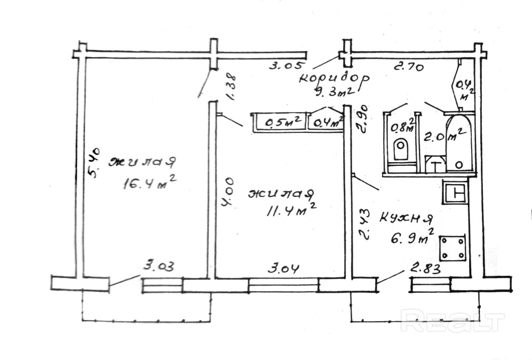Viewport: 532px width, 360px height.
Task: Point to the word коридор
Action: point(334,77)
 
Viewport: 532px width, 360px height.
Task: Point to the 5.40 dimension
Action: point(94,163)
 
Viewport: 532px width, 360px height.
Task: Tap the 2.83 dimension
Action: point(426,269)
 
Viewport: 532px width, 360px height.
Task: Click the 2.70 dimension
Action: point(408,67)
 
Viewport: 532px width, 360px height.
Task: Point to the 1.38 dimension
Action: point(231,86)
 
